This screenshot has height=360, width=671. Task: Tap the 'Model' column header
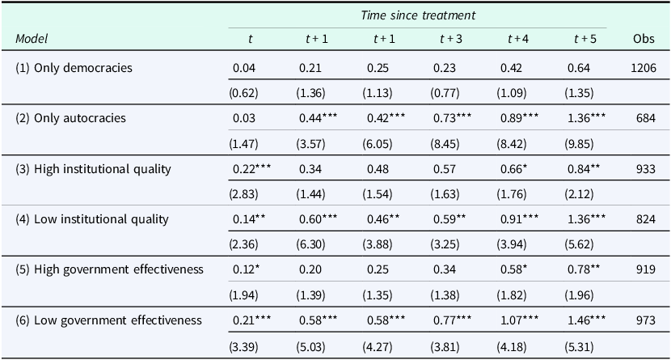[31, 39]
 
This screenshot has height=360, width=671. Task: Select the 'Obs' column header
[644, 39]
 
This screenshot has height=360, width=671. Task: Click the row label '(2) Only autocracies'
[72, 118]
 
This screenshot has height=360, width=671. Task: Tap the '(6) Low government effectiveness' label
[108, 320]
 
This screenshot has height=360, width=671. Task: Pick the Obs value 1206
[644, 68]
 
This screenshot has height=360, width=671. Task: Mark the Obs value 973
[644, 320]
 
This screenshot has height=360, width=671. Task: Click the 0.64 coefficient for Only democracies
[580, 68]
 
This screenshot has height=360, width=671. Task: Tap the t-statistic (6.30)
[311, 244]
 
